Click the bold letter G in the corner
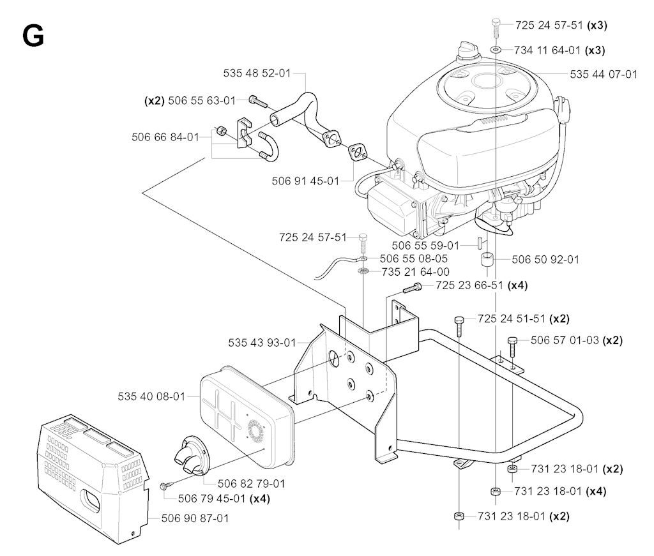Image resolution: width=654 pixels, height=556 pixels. pyautogui.click(x=33, y=36)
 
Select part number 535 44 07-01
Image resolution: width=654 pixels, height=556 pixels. pyautogui.click(x=604, y=74)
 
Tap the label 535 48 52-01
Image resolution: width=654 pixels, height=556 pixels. pyautogui.click(x=257, y=73)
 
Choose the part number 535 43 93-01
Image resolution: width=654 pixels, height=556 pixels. pyautogui.click(x=262, y=343)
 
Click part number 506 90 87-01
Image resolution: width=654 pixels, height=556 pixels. pyautogui.click(x=194, y=518)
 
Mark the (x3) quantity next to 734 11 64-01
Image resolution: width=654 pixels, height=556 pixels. pyautogui.click(x=597, y=50)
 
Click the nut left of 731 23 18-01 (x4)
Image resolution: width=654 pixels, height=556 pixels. pyautogui.click(x=494, y=492)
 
